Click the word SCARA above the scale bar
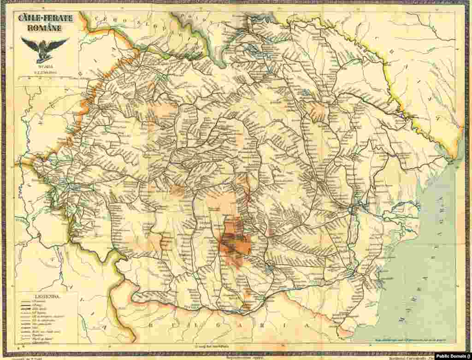[44, 67]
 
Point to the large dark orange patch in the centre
[232, 244]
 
